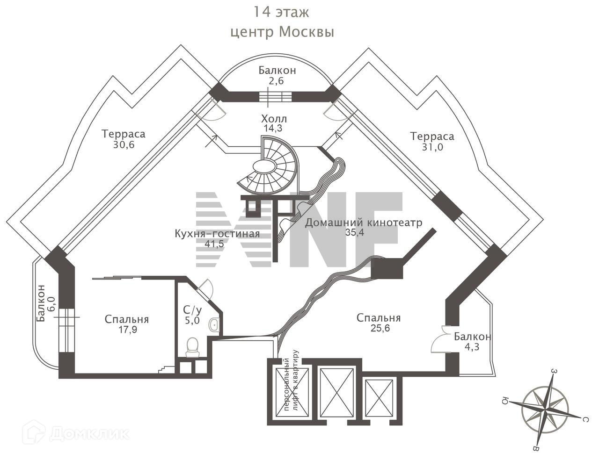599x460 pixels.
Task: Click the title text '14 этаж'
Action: click(281, 12)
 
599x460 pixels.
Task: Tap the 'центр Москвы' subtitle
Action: click(282, 32)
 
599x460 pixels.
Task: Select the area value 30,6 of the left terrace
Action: click(124, 144)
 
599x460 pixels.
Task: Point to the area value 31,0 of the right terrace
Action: click(432, 147)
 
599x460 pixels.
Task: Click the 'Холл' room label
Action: click(274, 118)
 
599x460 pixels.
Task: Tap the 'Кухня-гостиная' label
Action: click(217, 233)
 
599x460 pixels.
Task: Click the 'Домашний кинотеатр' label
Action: click(364, 222)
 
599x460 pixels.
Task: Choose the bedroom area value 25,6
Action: click(379, 328)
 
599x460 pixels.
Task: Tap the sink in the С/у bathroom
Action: click(214, 325)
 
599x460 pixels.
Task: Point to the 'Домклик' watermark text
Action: click(89, 433)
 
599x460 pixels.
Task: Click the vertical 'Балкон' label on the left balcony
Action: click(41, 303)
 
